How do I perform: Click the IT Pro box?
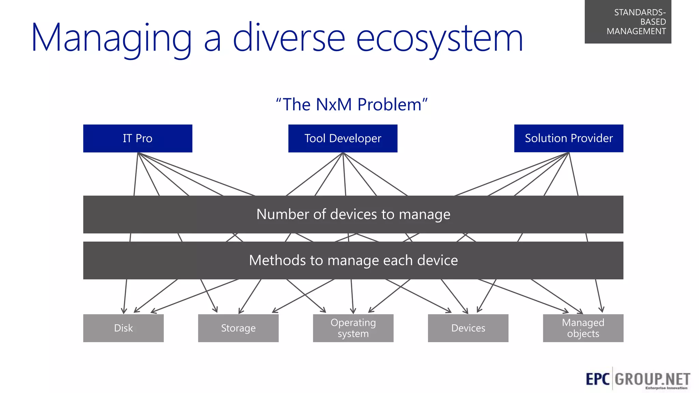click(138, 138)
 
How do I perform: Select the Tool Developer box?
click(343, 138)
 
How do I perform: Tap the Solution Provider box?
click(569, 138)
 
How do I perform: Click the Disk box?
click(123, 328)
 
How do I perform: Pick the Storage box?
click(238, 328)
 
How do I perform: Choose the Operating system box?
click(353, 328)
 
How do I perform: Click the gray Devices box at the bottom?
click(468, 328)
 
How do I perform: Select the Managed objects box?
click(583, 328)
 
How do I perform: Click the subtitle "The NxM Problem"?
click(352, 104)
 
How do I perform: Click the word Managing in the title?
click(111, 38)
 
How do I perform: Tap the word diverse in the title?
click(289, 38)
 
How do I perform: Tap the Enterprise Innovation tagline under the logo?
click(666, 388)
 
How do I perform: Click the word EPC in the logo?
click(598, 379)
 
